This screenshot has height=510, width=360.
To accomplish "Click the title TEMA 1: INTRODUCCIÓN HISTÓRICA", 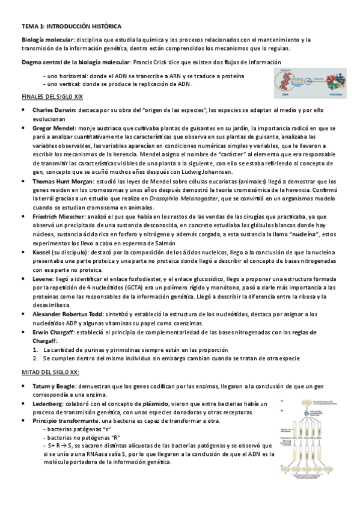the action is tap(72, 27).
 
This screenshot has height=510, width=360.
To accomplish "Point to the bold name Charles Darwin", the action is tap(53, 111).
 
